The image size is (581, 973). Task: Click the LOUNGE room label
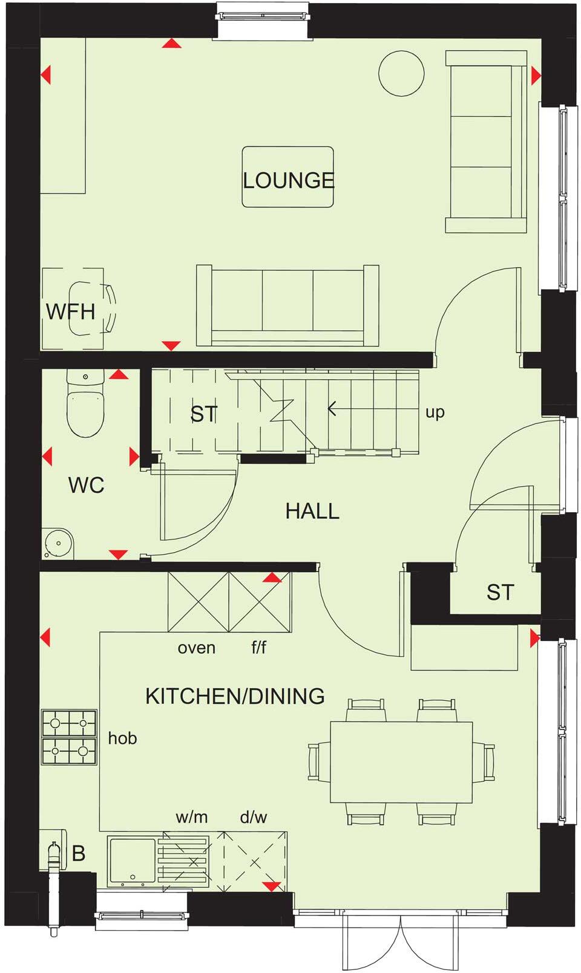288,180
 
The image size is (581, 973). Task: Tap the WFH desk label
71,312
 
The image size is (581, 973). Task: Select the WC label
86,485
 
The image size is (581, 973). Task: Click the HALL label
312,512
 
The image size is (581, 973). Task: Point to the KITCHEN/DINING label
235,697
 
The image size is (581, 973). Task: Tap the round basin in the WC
59,542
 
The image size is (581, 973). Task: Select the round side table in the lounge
401,73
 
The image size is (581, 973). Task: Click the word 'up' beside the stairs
435,412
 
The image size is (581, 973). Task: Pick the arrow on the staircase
333,409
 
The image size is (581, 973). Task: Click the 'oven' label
197,648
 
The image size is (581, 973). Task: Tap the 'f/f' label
259,648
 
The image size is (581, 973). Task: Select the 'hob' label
122,738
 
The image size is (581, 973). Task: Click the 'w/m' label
192,818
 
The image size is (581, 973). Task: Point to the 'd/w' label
254,818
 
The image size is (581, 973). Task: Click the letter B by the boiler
79,854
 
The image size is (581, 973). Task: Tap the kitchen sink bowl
132,859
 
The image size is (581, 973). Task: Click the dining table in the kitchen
401,762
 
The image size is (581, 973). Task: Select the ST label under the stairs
203,414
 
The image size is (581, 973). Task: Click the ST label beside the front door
500,593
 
